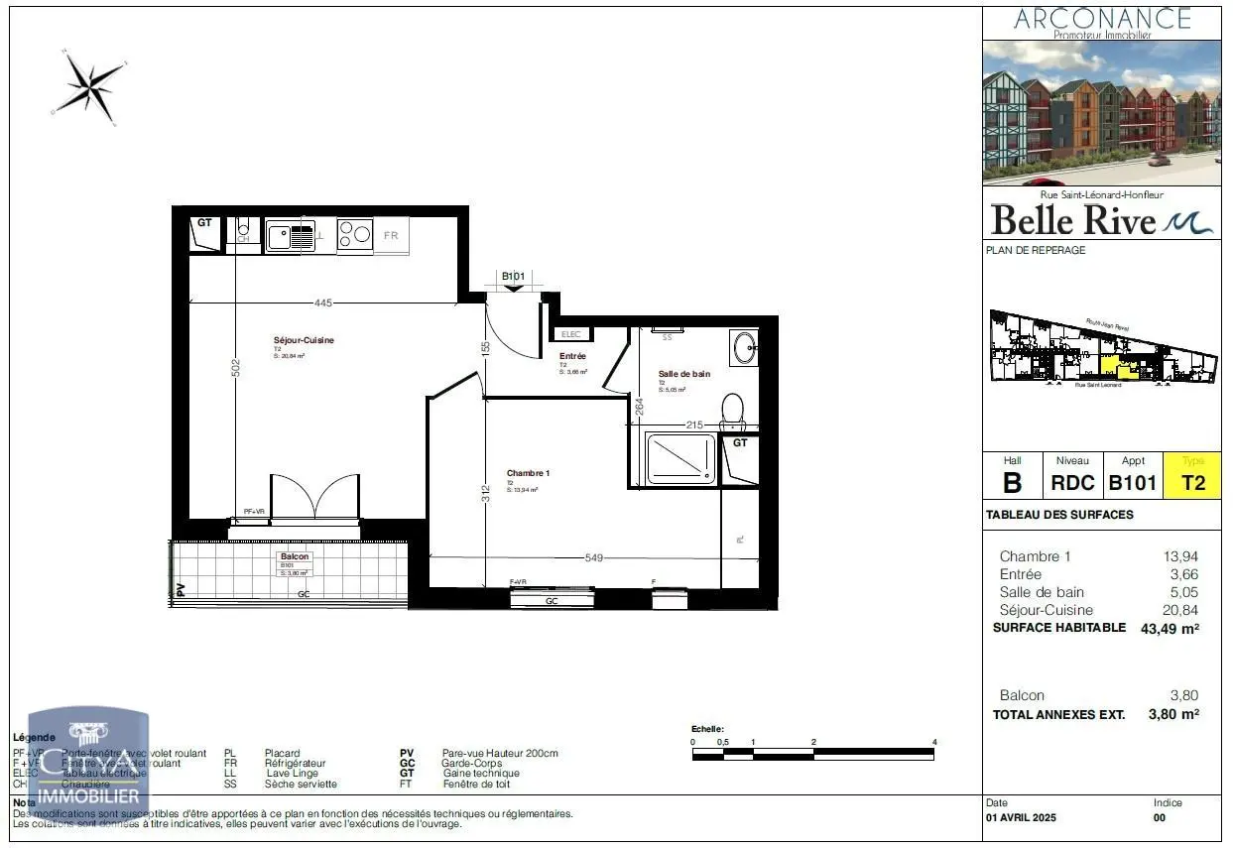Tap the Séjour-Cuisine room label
pos(304,340)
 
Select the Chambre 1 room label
pos(528,473)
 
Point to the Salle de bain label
pos(684,374)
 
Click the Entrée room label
pos(572,356)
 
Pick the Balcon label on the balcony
pos(295,556)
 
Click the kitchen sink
pos(289,236)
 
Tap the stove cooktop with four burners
pos(354,235)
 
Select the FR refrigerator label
pos(391,236)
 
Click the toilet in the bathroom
pos(732,409)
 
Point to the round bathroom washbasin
pos(743,347)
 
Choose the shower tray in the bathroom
pos(680,459)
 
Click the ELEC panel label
pos(572,334)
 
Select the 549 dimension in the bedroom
pos(593,557)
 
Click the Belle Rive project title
pos(1073,218)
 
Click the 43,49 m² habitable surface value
pos(1170,628)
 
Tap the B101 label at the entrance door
pos(513,277)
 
